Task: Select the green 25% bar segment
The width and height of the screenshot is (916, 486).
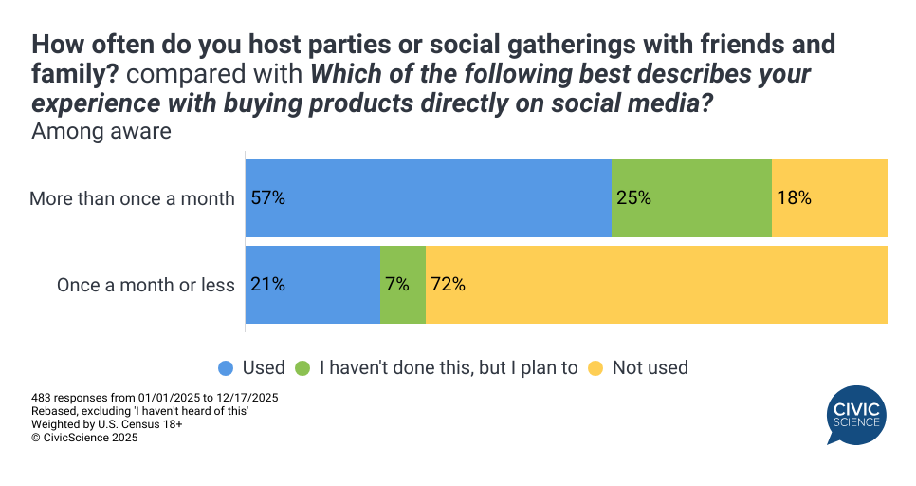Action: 691,198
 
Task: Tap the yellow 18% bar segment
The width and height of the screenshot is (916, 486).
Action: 830,198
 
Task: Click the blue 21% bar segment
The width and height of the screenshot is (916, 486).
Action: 313,285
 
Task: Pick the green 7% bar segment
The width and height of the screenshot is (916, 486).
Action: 403,285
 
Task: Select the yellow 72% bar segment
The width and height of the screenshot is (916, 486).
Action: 656,285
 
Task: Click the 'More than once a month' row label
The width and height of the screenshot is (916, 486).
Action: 132,198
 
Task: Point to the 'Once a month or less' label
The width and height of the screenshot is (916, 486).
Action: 146,285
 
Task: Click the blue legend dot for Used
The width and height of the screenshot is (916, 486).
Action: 226,367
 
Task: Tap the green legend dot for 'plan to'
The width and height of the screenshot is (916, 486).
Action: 303,367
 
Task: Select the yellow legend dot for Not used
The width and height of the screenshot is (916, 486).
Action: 595,367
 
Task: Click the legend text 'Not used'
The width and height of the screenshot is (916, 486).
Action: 650,367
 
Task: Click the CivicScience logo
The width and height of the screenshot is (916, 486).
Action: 855,415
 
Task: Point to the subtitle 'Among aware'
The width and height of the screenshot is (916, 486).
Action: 101,131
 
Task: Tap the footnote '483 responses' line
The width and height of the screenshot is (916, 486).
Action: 155,397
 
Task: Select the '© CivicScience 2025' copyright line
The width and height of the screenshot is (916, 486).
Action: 84,438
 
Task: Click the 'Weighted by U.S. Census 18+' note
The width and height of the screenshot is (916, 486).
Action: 107,424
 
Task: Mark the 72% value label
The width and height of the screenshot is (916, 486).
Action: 448,285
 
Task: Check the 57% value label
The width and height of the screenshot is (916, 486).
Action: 268,198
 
